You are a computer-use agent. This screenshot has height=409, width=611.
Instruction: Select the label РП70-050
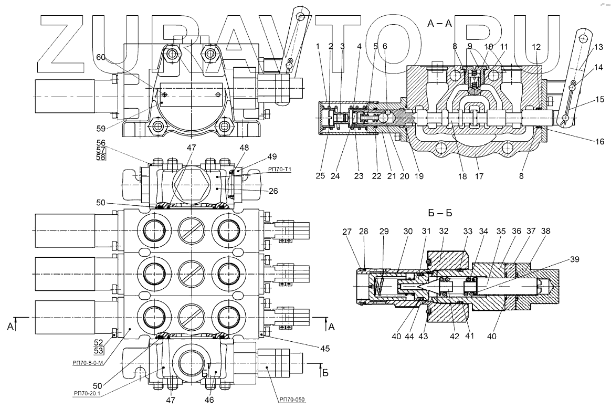291,400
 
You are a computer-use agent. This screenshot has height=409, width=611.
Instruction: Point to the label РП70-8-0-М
87,362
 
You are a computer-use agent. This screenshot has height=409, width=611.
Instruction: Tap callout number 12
535,47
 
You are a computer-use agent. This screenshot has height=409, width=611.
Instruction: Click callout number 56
100,142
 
